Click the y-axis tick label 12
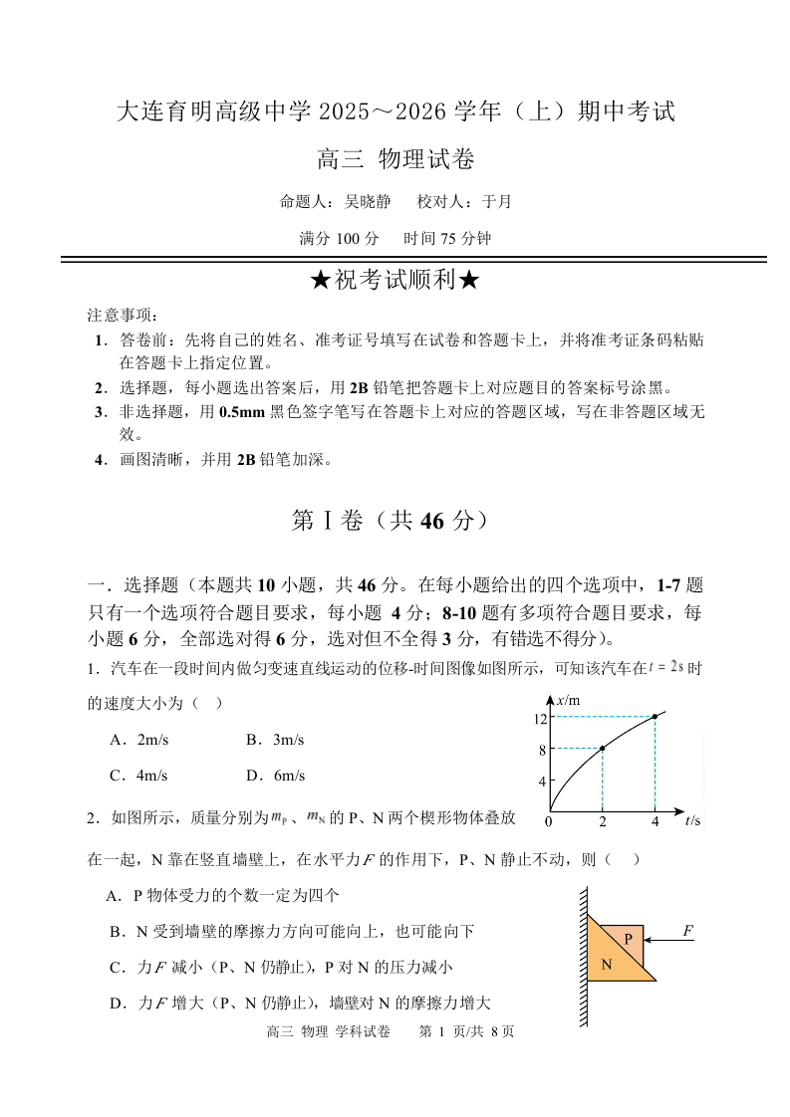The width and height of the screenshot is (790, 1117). coord(542,718)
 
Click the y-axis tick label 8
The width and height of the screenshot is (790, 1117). coord(543,749)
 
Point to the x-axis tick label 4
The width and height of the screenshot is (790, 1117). coord(655,821)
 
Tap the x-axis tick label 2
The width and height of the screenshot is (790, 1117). coord(602,821)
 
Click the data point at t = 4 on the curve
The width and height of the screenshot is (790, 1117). coord(655,717)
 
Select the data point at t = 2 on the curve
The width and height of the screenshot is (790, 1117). coord(602,748)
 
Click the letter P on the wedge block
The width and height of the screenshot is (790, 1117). coord(629,939)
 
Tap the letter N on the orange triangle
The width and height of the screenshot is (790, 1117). coord(606,965)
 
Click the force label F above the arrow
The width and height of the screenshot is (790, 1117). coord(687,931)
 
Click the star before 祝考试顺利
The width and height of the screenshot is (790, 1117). coord(320,282)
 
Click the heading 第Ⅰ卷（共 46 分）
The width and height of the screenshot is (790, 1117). coord(395,521)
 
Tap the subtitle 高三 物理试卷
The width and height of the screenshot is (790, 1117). coord(395,158)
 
